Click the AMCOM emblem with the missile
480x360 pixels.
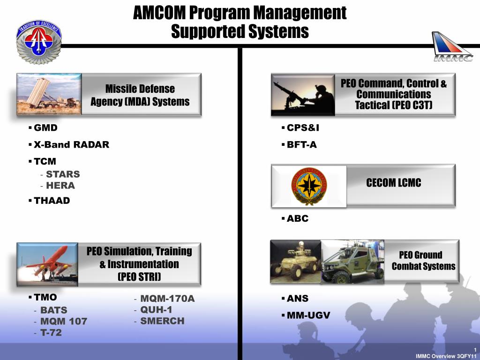pyautogui.click(x=39, y=42)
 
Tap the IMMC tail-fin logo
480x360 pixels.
pyautogui.click(x=452, y=46)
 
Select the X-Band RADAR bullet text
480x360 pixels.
pyautogui.click(x=71, y=144)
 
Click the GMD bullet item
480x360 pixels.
pyautogui.click(x=45, y=127)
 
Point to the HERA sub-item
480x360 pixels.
pyautogui.click(x=60, y=186)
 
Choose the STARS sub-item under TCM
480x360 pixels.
pyautogui.click(x=63, y=174)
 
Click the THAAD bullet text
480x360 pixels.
pyautogui.click(x=52, y=201)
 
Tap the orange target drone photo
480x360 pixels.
pyautogui.click(x=47, y=264)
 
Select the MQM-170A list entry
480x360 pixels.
pyautogui.click(x=167, y=299)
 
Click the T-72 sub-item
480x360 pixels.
pyautogui.click(x=51, y=332)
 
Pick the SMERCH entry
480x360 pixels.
pyautogui.click(x=162, y=321)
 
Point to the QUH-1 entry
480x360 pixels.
pyautogui.click(x=156, y=310)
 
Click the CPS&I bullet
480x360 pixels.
pyautogui.click(x=303, y=127)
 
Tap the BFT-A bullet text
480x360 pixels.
pyautogui.click(x=301, y=144)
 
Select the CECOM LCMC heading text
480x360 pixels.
pyautogui.click(x=394, y=183)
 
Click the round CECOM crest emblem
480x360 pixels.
pyautogui.click(x=309, y=186)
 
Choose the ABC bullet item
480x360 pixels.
pyautogui.click(x=298, y=218)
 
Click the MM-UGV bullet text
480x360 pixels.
pyautogui.click(x=308, y=315)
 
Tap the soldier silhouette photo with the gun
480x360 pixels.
pyautogui.click(x=303, y=95)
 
